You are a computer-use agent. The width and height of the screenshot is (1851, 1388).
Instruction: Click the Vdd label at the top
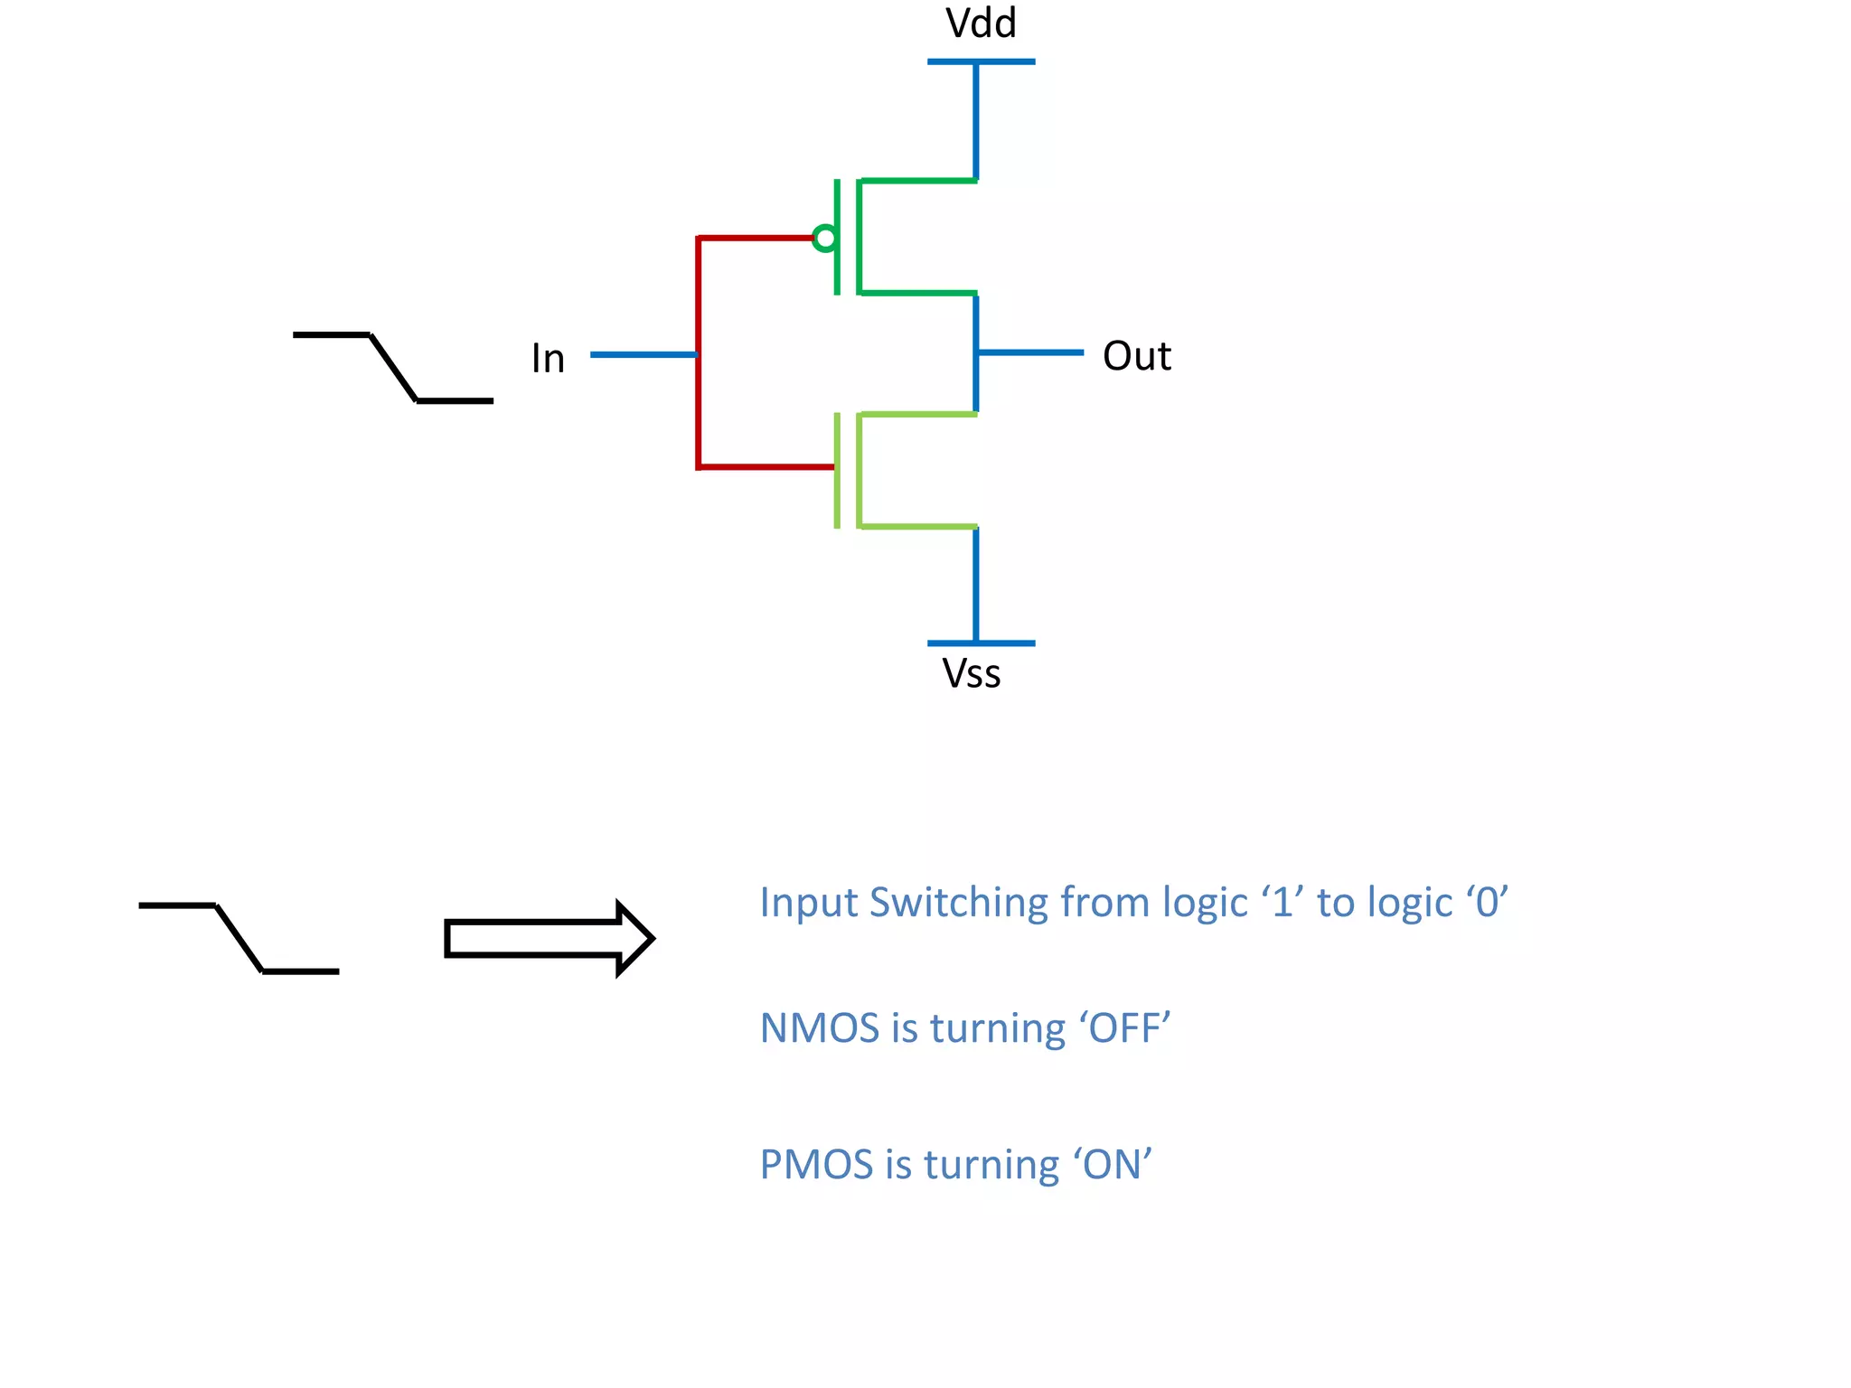pos(981,23)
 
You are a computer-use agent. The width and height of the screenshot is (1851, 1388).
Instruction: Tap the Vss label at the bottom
pos(972,674)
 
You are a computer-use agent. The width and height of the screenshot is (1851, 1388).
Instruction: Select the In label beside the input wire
pos(548,359)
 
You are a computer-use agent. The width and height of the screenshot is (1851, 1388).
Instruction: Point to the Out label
pos(1136,356)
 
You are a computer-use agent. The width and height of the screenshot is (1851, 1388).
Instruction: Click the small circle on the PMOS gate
pos(824,239)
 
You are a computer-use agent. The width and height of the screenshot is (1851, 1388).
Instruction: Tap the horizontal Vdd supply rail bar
pos(981,61)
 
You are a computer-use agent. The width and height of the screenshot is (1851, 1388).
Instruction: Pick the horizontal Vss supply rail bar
pos(981,643)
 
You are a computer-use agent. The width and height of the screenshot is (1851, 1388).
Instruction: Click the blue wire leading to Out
pos(1030,352)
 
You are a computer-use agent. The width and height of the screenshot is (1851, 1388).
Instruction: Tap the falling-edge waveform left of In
pos(393,368)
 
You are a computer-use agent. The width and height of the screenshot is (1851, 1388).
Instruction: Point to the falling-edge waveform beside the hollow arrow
pos(239,938)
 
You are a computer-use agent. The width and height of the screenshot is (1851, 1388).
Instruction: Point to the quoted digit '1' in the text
pos(1283,903)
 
